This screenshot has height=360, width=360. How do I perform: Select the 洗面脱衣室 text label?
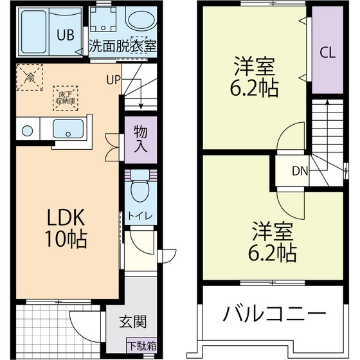point(122,47)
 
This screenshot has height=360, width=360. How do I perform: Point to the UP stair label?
point(113,80)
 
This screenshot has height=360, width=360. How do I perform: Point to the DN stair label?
point(300,171)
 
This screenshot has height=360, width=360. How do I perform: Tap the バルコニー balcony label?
point(273,315)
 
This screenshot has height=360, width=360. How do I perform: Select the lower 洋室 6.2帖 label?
point(273,241)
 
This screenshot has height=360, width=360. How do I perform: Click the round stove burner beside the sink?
point(26,131)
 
